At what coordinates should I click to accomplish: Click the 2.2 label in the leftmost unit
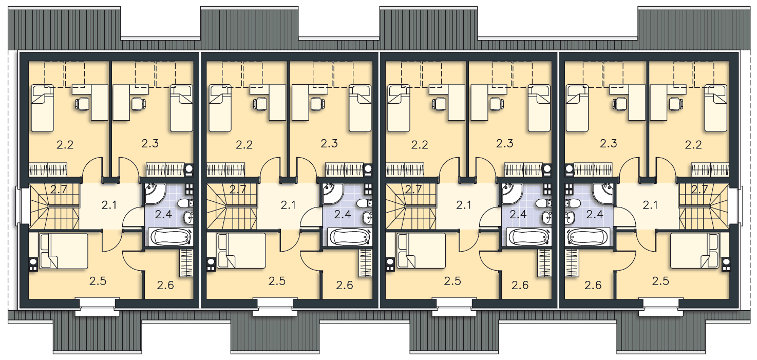point(65,145)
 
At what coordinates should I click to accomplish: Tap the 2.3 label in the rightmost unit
point(608,143)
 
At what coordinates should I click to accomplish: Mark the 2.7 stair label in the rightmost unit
point(699,189)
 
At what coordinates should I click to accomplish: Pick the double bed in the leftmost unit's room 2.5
point(64,251)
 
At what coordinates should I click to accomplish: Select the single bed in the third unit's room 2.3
point(539,108)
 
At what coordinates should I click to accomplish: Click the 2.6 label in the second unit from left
point(345,286)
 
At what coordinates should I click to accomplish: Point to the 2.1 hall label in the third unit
point(463,205)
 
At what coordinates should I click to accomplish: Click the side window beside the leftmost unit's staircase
point(17,206)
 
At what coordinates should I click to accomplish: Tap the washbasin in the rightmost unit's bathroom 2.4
point(570,218)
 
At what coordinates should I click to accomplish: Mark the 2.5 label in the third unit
point(452,281)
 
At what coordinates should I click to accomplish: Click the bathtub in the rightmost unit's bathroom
point(588,237)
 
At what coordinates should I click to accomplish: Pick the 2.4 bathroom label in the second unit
point(343,214)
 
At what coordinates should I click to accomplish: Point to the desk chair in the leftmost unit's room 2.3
point(138,104)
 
